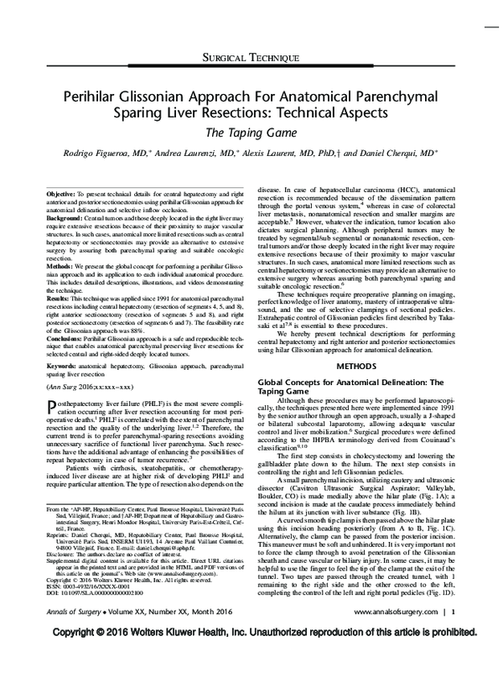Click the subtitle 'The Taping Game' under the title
pyautogui.click(x=251, y=133)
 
